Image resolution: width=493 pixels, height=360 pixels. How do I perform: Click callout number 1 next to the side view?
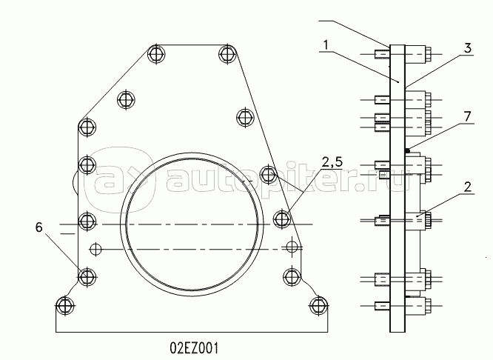tap(326, 45)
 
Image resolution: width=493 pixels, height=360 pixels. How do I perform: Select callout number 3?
tap(468, 48)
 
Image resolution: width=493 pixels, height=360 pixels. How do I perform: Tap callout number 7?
tap(468, 117)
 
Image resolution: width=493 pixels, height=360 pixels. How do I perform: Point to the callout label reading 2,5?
tap(332, 162)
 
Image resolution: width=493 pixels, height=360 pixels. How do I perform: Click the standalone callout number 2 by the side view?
tap(468, 187)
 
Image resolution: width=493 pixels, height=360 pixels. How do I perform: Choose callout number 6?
tap(38, 227)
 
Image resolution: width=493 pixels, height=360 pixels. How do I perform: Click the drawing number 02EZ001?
tap(194, 348)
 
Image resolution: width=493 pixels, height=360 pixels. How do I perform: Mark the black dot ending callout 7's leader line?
tap(407, 150)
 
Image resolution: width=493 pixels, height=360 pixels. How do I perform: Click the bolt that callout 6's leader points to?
tap(87, 277)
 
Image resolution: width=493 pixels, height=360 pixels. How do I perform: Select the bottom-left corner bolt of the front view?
tap(65, 305)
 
